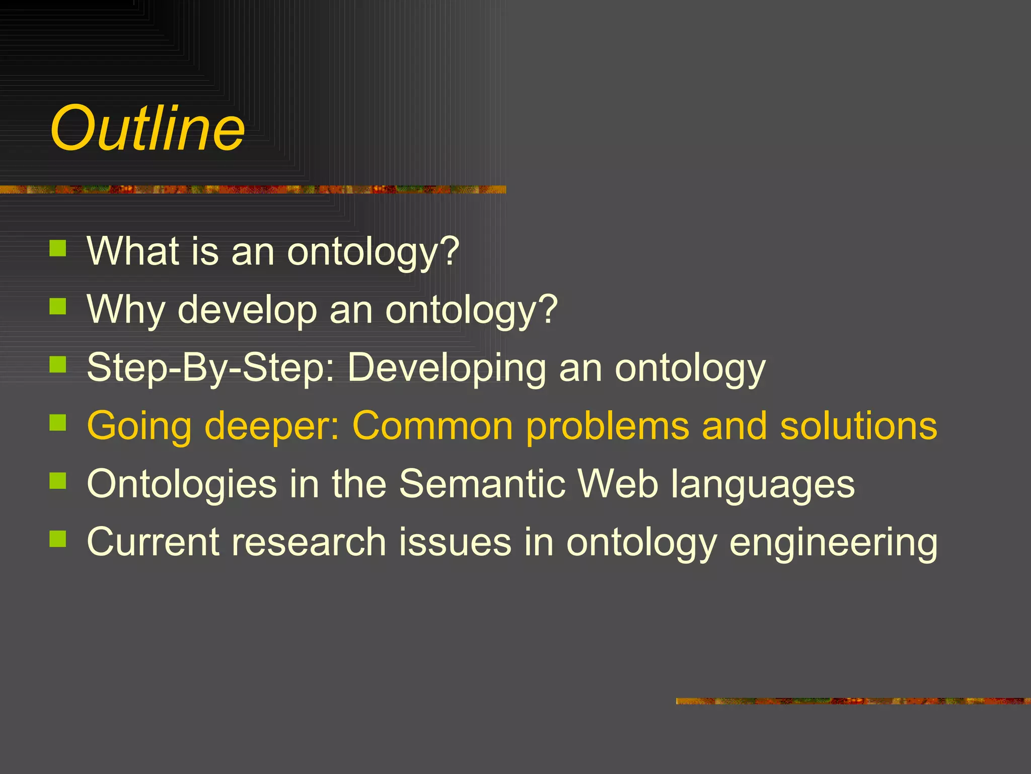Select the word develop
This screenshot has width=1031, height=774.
pos(247,309)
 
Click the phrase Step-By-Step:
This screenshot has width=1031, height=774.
pos(211,368)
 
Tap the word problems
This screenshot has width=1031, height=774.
pos(607,426)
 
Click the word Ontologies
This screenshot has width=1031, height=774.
pos(182,484)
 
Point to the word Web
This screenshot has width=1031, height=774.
pos(618,484)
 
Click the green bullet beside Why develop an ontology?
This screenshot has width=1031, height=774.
pos(58,306)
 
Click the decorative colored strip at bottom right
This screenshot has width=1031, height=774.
pos(853,701)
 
